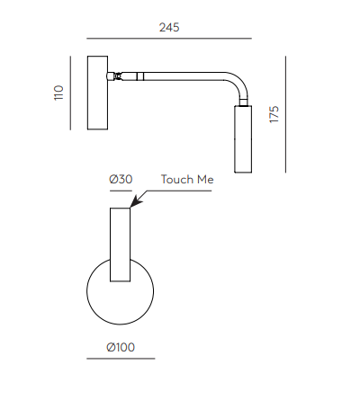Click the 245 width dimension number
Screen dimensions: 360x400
pyautogui.click(x=169, y=27)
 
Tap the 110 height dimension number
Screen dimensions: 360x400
pyautogui.click(x=58, y=93)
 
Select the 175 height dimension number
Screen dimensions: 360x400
pyautogui.click(x=274, y=114)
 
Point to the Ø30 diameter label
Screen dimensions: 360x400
pyautogui.click(x=121, y=179)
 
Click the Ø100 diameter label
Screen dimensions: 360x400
pyautogui.click(x=121, y=347)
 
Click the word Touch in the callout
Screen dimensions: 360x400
pyautogui.click(x=177, y=180)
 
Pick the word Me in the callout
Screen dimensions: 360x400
pyautogui.click(x=205, y=180)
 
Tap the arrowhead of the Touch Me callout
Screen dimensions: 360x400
pyautogui.click(x=136, y=201)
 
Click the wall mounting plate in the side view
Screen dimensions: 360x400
pyautogui.click(x=97, y=93)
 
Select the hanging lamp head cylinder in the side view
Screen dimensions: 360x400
pyautogui.click(x=243, y=139)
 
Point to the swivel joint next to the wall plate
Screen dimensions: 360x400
pyautogui.click(x=115, y=76)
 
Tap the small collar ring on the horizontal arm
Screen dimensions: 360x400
pyautogui.click(x=140, y=76)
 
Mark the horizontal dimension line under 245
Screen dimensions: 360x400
pyautogui.click(x=169, y=39)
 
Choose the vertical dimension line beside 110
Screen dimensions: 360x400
pyautogui.click(x=70, y=93)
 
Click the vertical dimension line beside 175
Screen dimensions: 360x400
pyautogui.click(x=285, y=114)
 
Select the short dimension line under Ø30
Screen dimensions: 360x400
pyautogui.click(x=121, y=191)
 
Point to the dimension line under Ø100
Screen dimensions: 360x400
pyautogui.click(x=121, y=359)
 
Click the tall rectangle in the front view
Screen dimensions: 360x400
pyautogui.click(x=120, y=244)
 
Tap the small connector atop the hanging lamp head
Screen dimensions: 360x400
pyautogui.click(x=244, y=102)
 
